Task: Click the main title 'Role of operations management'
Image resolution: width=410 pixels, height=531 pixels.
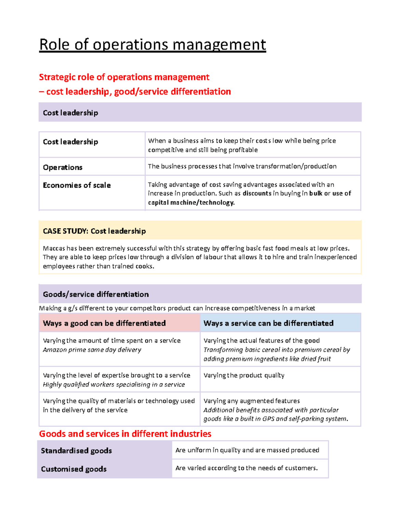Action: click(152, 45)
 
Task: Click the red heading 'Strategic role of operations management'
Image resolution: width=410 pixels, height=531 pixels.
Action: click(124, 77)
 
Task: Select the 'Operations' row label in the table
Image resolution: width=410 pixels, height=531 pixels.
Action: click(63, 168)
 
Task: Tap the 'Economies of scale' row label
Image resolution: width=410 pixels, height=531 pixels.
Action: click(77, 185)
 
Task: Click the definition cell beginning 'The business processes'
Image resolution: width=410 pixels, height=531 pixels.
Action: click(242, 167)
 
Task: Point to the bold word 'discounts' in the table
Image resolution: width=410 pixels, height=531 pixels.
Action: click(257, 194)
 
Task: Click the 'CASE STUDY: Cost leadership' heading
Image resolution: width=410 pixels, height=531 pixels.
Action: click(94, 231)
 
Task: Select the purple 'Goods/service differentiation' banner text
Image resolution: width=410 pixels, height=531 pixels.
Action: click(96, 294)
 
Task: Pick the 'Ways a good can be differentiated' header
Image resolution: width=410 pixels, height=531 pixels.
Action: click(104, 323)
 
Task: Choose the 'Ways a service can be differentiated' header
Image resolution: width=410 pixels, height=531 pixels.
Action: click(268, 323)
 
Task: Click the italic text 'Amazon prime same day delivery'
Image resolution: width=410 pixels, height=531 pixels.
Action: click(92, 350)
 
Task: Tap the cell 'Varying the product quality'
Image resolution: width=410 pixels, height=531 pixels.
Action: click(244, 375)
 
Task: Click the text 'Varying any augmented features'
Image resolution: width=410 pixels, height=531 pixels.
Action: click(251, 401)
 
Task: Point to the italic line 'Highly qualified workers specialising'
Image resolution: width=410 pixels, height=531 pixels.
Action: click(114, 385)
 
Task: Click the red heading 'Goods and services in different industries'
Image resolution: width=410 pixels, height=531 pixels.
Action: click(125, 434)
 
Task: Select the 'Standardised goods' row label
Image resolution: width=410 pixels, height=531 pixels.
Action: click(76, 451)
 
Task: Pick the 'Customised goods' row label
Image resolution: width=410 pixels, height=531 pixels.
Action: click(73, 469)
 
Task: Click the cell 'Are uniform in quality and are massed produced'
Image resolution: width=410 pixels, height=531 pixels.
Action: click(247, 450)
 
